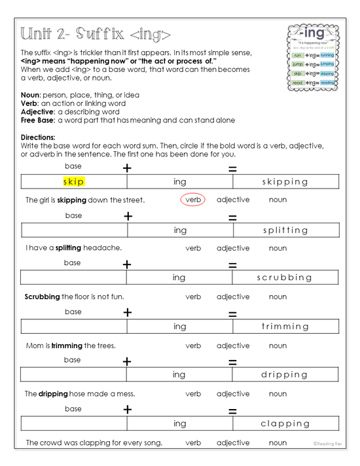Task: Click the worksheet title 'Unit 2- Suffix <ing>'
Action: pyautogui.click(x=96, y=34)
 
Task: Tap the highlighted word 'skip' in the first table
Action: pyautogui.click(x=74, y=181)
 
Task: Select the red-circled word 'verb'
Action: pyautogui.click(x=193, y=200)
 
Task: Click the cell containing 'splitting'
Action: pyautogui.click(x=285, y=230)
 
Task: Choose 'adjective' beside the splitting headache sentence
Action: pyautogui.click(x=233, y=248)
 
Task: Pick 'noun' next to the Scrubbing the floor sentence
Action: pyautogui.click(x=278, y=296)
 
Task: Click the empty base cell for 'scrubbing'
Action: pyautogui.click(x=73, y=278)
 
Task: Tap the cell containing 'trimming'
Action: pyautogui.click(x=285, y=326)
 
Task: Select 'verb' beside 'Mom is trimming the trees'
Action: pyautogui.click(x=193, y=346)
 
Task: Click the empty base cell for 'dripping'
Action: pyautogui.click(x=73, y=374)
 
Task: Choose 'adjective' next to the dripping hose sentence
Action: pyautogui.click(x=233, y=394)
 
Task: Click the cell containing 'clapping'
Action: pyautogui.click(x=285, y=423)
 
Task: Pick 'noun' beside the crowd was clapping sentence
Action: pyautogui.click(x=278, y=443)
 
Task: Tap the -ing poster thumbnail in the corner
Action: pyautogui.click(x=314, y=58)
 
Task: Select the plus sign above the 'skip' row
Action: pyautogui.click(x=128, y=168)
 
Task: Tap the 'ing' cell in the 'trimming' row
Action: pyautogui.click(x=180, y=326)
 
